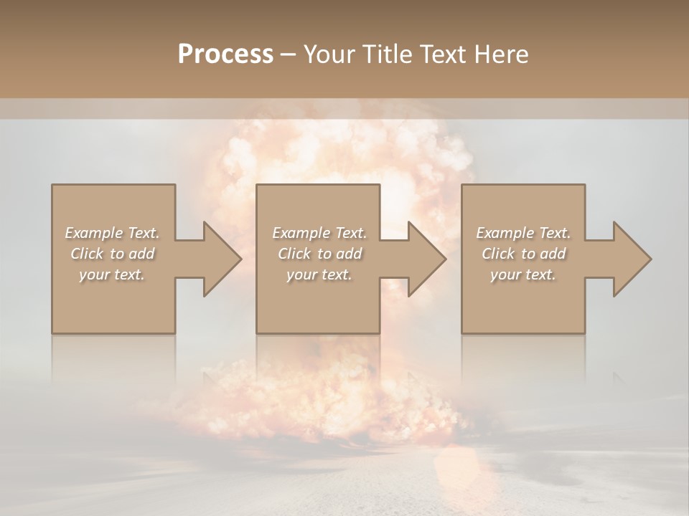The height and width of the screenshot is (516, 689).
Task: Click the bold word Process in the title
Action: (x=225, y=54)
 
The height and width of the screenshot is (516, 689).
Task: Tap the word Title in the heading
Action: (x=386, y=54)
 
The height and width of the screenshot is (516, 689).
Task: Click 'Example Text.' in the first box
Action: (x=112, y=233)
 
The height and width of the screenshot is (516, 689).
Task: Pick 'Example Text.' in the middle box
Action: (x=319, y=233)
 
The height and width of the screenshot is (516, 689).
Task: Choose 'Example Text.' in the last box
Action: (x=523, y=233)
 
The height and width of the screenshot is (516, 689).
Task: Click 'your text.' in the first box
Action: (x=112, y=274)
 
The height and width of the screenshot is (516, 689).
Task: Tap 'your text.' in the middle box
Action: (x=319, y=274)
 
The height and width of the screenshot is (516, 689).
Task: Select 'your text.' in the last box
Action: (x=523, y=274)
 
